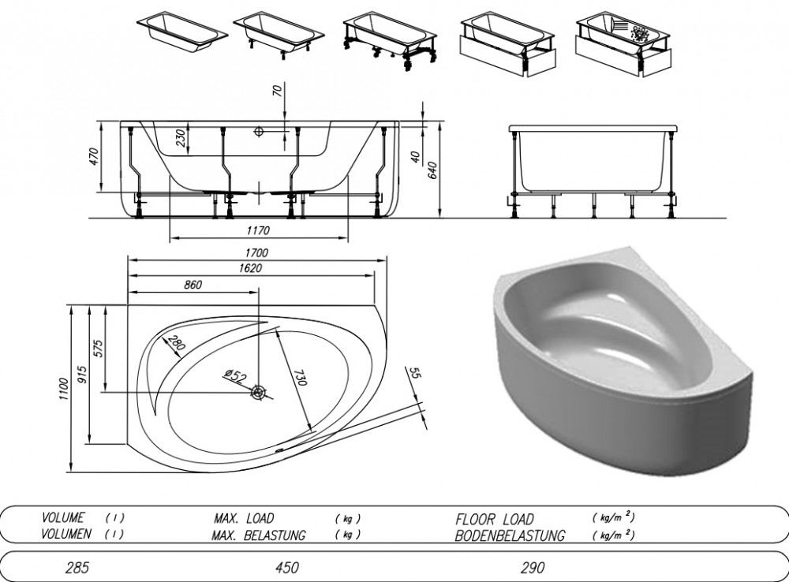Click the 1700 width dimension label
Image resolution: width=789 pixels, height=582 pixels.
[256, 252]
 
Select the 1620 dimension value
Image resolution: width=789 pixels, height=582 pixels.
[250, 268]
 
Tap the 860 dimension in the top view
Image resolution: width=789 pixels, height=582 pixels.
[193, 285]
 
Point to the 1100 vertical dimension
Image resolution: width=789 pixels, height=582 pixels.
[62, 389]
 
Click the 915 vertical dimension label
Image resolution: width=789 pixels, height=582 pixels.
[83, 375]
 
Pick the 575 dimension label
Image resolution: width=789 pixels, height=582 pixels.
[98, 348]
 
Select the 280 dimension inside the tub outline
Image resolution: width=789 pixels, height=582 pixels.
[177, 342]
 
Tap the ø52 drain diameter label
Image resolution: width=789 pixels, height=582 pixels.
[236, 375]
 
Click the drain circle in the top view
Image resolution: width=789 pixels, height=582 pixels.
[260, 393]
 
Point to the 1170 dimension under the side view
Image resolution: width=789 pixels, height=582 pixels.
[258, 230]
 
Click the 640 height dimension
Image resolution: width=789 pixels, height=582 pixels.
[432, 170]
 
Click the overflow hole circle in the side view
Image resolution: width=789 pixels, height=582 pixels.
[259, 132]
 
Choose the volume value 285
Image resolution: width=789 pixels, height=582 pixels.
[77, 568]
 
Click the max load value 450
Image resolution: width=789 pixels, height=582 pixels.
[287, 568]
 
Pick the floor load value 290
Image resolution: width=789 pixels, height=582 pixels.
[533, 568]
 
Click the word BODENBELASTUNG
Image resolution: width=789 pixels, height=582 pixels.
[509, 535]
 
